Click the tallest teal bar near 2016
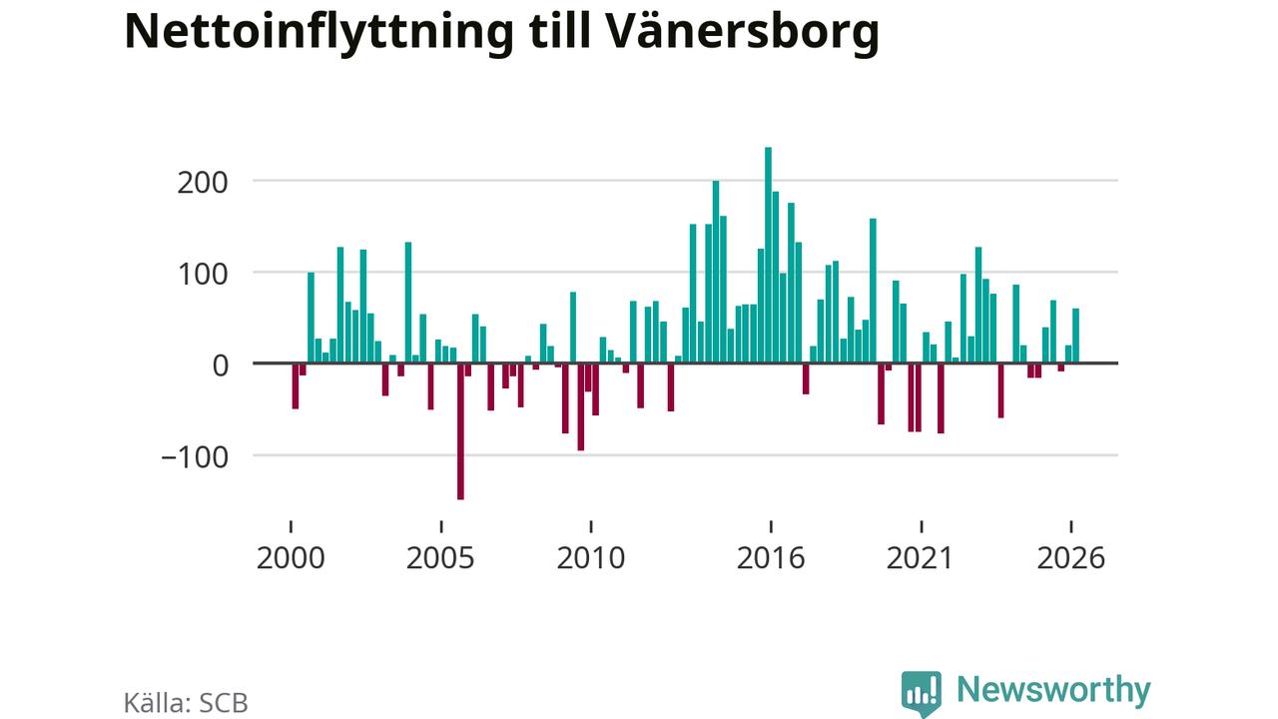tap(768, 255)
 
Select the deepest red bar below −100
tap(460, 431)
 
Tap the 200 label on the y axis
tap(203, 183)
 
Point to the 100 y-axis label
tap(203, 275)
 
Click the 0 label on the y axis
tap(221, 365)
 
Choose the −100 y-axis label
tap(195, 457)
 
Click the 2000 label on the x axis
tap(291, 558)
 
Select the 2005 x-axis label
tap(440, 558)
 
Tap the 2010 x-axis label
tap(590, 558)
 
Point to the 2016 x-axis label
tap(771, 558)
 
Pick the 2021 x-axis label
tap(921, 558)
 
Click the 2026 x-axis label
tap(1071, 558)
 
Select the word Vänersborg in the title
tap(741, 33)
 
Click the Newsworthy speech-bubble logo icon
tap(922, 694)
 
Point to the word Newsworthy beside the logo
tap(1053, 691)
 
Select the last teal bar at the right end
tap(1076, 336)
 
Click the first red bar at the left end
tap(295, 386)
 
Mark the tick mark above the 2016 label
tap(771, 526)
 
